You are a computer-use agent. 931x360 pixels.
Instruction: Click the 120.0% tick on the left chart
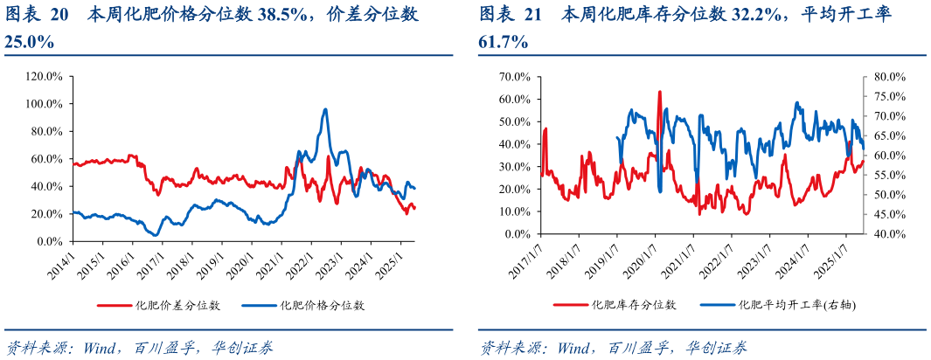(44, 77)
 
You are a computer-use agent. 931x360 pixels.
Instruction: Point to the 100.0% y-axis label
(44, 104)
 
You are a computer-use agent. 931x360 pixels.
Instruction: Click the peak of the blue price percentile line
(325, 109)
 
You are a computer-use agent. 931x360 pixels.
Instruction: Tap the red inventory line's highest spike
(659, 91)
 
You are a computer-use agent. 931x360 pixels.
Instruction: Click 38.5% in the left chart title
(325, 15)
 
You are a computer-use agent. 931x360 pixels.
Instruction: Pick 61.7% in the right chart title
(503, 42)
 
